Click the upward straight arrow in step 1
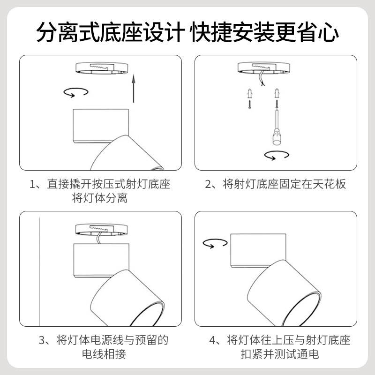134,89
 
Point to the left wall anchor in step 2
250,93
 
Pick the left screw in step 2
250,104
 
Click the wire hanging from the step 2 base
262,78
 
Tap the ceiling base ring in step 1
102,68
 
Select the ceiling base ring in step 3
101,230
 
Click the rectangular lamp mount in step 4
258,250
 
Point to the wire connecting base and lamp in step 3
98,239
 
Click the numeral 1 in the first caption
32,184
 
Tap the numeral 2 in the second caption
208,184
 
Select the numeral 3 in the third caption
42,340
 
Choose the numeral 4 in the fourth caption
213,340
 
